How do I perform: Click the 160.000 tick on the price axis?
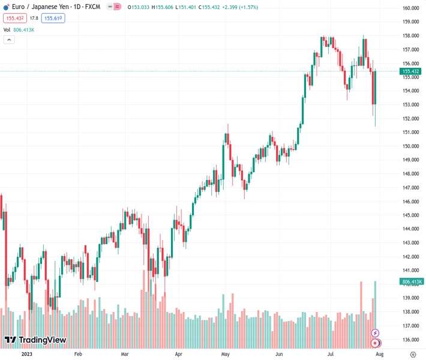[410, 8]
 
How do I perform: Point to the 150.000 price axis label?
[410, 146]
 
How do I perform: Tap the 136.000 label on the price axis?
[410, 340]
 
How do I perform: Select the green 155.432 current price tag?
[410, 71]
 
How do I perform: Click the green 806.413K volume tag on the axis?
[411, 281]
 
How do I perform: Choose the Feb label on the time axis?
[77, 355]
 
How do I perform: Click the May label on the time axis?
[226, 355]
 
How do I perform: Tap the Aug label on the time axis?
[379, 355]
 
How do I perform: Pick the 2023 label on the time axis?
[26, 355]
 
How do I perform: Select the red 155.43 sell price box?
[14, 19]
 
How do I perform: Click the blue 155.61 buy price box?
[53, 19]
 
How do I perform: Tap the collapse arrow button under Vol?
[9, 40]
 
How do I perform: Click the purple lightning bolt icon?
[376, 333]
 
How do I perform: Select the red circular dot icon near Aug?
[376, 343]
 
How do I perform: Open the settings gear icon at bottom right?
[413, 355]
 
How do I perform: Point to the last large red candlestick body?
[374, 87]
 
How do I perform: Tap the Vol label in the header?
[7, 29]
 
